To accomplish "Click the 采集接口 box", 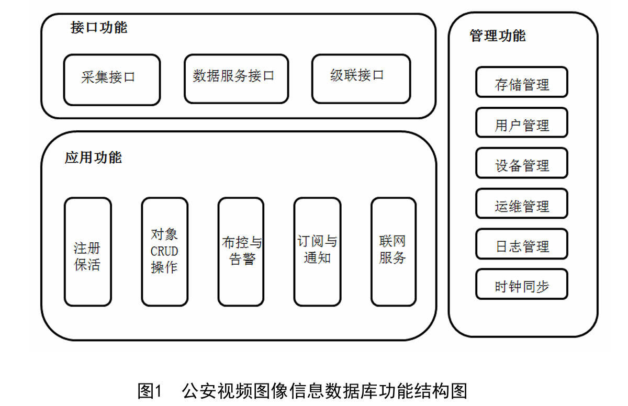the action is (x=112, y=80).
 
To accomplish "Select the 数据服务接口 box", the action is (x=237, y=79).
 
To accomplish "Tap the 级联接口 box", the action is (x=361, y=79).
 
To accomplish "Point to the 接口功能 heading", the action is (x=99, y=27).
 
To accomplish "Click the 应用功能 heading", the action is (x=93, y=157).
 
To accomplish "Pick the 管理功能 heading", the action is (x=498, y=36).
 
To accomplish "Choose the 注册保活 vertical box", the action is (x=88, y=252).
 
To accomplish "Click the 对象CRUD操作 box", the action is (x=164, y=252).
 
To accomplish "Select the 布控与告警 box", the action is (x=241, y=252).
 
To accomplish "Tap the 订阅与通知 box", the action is (x=317, y=252).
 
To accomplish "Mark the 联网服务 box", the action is (x=394, y=252).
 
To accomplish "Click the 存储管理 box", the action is (x=522, y=82).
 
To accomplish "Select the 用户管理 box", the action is (x=522, y=123).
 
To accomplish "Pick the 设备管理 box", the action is (x=522, y=163).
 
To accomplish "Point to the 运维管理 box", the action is (x=522, y=204).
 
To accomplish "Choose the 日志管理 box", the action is (x=522, y=244).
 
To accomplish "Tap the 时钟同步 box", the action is (x=522, y=284).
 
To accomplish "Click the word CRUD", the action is (x=164, y=251).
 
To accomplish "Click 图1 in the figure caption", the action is (x=150, y=391).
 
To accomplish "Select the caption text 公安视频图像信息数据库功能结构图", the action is (x=324, y=391).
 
